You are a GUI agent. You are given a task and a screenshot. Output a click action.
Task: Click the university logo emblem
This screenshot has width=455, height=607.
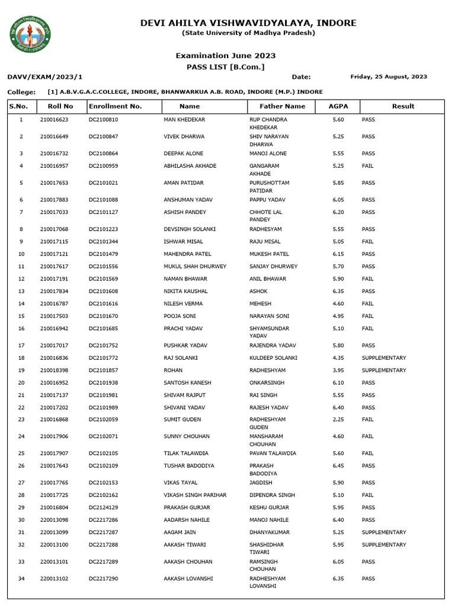[x=30, y=34]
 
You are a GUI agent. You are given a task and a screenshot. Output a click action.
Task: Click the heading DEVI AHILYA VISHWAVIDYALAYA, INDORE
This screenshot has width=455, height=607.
[x=248, y=23]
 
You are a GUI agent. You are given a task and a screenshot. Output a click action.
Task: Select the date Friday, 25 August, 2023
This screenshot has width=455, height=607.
[x=389, y=76]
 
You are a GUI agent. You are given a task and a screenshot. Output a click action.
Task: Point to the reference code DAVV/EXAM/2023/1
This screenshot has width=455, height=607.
[x=45, y=77]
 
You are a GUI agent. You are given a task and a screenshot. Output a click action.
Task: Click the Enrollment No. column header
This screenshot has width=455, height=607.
[x=115, y=106]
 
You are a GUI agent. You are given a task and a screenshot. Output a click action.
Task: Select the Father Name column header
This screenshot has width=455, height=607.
[x=283, y=106]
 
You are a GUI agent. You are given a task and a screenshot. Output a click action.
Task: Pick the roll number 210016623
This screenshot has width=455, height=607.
[x=55, y=120]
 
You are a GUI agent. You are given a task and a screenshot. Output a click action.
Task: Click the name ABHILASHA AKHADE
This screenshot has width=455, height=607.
[x=190, y=166]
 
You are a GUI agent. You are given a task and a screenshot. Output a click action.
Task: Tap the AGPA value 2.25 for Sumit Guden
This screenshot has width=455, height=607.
[x=338, y=420]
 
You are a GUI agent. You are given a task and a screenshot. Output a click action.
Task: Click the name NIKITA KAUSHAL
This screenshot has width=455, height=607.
[x=185, y=292]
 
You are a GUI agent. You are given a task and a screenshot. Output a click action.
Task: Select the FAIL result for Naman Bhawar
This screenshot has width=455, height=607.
[x=367, y=279]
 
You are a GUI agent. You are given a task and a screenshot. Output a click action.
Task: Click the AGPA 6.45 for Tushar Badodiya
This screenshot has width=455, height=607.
[x=338, y=466]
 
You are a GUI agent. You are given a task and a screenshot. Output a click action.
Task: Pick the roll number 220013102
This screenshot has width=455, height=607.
[x=55, y=579]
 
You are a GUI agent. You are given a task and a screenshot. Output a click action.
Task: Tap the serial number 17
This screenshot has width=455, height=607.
[x=21, y=346]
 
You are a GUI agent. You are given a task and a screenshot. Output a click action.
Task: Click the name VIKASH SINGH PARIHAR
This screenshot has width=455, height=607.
[x=195, y=495]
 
